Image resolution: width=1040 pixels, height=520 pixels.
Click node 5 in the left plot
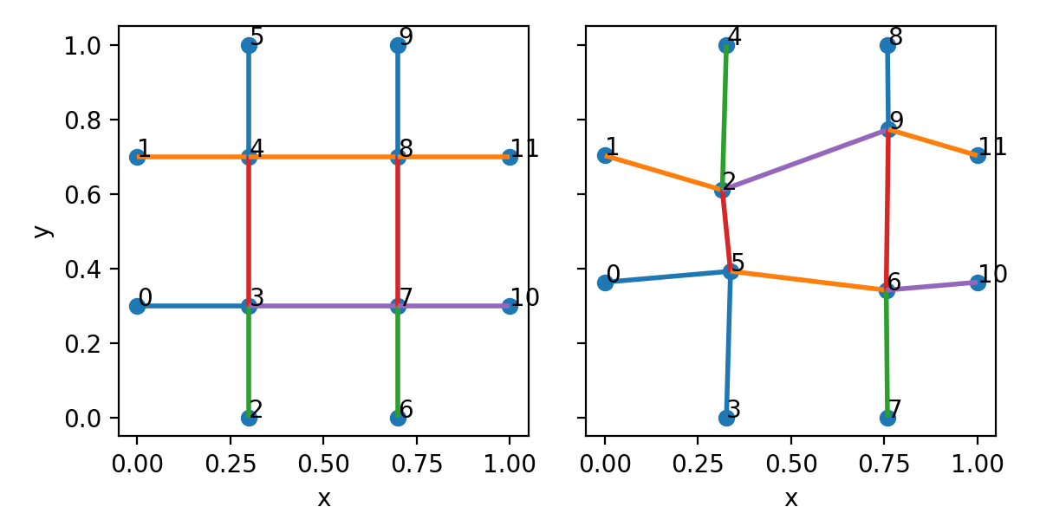(x=249, y=45)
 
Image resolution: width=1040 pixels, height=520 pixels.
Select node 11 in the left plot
(x=510, y=157)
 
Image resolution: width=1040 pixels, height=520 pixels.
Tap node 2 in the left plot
(x=249, y=418)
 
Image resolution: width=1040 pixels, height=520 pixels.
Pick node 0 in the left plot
(x=137, y=306)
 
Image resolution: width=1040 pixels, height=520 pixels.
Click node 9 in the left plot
(x=398, y=45)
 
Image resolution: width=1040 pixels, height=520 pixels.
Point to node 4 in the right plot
(x=726, y=45)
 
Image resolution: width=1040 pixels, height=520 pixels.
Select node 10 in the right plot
(x=978, y=283)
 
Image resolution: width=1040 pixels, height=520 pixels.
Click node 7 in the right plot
(x=887, y=418)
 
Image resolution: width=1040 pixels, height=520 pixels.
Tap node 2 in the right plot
(x=722, y=190)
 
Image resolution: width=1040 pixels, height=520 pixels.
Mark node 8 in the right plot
(x=887, y=45)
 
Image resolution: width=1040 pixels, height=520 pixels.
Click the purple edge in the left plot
(x=453, y=306)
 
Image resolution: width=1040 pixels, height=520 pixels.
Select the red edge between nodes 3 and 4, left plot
(x=249, y=231)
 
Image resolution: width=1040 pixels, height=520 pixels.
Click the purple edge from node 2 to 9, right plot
(x=804, y=159)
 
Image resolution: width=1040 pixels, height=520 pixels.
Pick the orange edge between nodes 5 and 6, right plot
(x=809, y=281)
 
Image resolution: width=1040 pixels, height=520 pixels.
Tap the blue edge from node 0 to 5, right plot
(x=667, y=276)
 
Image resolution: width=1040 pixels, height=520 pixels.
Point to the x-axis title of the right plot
(x=790, y=498)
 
